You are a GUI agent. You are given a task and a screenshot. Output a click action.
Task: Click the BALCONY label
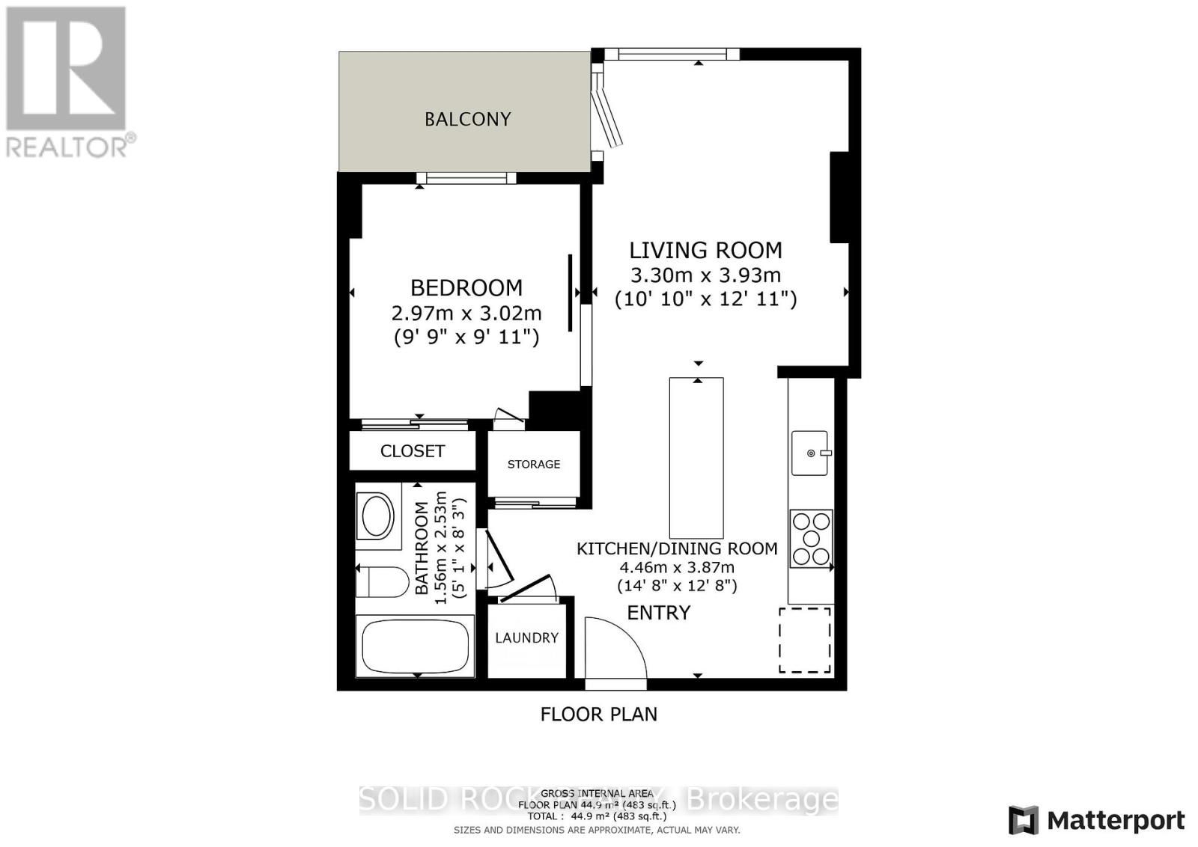467,119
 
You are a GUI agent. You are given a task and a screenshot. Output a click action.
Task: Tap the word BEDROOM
466,288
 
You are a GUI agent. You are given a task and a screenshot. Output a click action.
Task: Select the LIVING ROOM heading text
705,250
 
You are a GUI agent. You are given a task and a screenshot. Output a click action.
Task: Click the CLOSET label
413,451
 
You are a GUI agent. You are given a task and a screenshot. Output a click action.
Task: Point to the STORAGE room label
533,465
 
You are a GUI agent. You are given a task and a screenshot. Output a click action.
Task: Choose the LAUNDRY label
526,637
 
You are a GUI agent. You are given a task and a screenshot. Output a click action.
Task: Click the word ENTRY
658,613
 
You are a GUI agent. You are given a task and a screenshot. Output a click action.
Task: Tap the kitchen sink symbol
810,453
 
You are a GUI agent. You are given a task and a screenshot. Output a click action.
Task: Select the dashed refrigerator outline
805,640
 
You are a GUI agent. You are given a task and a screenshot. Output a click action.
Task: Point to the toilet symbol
382,582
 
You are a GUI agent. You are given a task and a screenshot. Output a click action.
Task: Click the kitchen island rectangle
696,453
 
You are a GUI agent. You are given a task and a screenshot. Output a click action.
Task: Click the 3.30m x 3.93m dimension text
705,275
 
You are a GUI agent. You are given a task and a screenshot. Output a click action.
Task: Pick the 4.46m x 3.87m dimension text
676,567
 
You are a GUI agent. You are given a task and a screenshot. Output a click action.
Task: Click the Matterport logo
1097,821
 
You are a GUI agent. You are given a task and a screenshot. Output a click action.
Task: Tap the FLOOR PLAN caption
598,714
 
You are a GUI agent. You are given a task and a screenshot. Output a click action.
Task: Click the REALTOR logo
67,82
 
